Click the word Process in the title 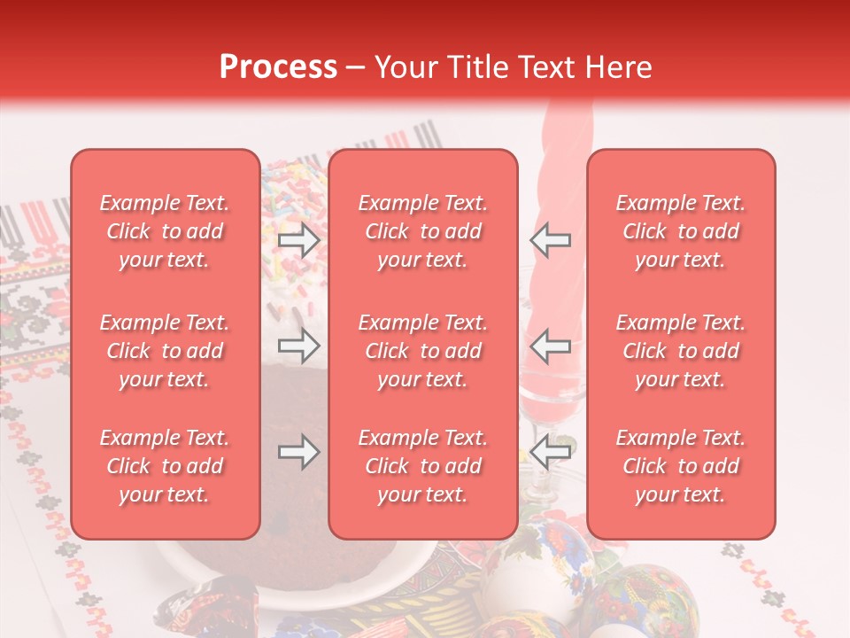point(278,67)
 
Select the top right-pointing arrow point(298,240)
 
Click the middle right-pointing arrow point(298,345)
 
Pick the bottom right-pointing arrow point(298,452)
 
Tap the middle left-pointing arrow point(551,345)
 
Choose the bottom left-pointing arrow point(551,452)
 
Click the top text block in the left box point(165,231)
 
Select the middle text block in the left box point(165,351)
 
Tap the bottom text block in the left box point(165,466)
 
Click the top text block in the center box point(423,231)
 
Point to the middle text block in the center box point(423,351)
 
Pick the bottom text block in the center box point(423,466)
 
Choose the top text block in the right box point(681,231)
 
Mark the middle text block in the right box point(681,351)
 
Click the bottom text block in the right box point(681,466)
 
